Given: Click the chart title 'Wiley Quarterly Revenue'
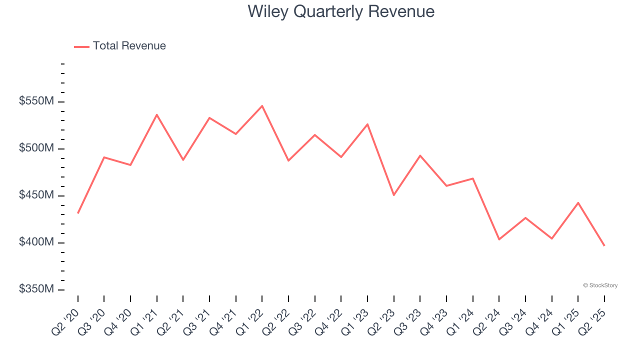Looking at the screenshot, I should (340, 11).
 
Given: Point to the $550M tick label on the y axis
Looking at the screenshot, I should (36, 101).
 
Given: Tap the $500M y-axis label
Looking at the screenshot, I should (36, 148).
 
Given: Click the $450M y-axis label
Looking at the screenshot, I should (36, 195).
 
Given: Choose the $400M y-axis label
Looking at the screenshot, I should (36, 242).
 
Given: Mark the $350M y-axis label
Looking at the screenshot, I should (36, 289).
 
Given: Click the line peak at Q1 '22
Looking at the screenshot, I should (262, 106).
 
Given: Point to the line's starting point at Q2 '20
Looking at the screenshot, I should (78, 213).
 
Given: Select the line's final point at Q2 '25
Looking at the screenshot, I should (604, 245).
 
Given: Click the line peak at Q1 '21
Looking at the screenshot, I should (157, 115).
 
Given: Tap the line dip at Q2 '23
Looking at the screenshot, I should (394, 195).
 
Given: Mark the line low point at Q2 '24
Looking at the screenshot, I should (499, 239).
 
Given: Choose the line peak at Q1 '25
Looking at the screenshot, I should (578, 203).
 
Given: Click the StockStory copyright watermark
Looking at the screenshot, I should (600, 285).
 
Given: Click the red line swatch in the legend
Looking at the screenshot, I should (81, 46).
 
